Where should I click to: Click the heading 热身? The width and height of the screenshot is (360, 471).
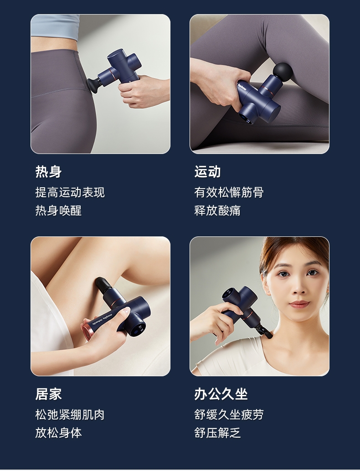48,172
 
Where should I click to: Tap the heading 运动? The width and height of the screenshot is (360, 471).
207,172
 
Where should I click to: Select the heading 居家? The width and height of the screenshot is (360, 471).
48,394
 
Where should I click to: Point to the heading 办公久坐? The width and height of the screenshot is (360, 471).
221,394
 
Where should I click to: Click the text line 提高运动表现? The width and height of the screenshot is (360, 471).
70,192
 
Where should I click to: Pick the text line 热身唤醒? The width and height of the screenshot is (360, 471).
58,210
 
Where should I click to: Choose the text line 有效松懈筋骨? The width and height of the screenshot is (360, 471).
229,192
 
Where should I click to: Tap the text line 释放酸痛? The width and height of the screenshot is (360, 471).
217,210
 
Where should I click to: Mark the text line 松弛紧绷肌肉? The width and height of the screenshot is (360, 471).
70,415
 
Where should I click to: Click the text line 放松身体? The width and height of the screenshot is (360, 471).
58,433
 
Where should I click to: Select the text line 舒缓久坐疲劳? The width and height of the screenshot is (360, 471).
229,415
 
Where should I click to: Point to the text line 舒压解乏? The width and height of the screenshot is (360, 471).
217,433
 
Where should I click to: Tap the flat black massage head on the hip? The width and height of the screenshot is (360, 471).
94,84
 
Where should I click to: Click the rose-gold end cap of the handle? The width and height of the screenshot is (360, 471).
87,332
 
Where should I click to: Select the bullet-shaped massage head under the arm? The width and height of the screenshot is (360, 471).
103,285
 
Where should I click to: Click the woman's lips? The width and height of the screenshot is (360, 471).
298,304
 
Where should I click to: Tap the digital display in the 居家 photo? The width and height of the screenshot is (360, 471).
139,329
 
